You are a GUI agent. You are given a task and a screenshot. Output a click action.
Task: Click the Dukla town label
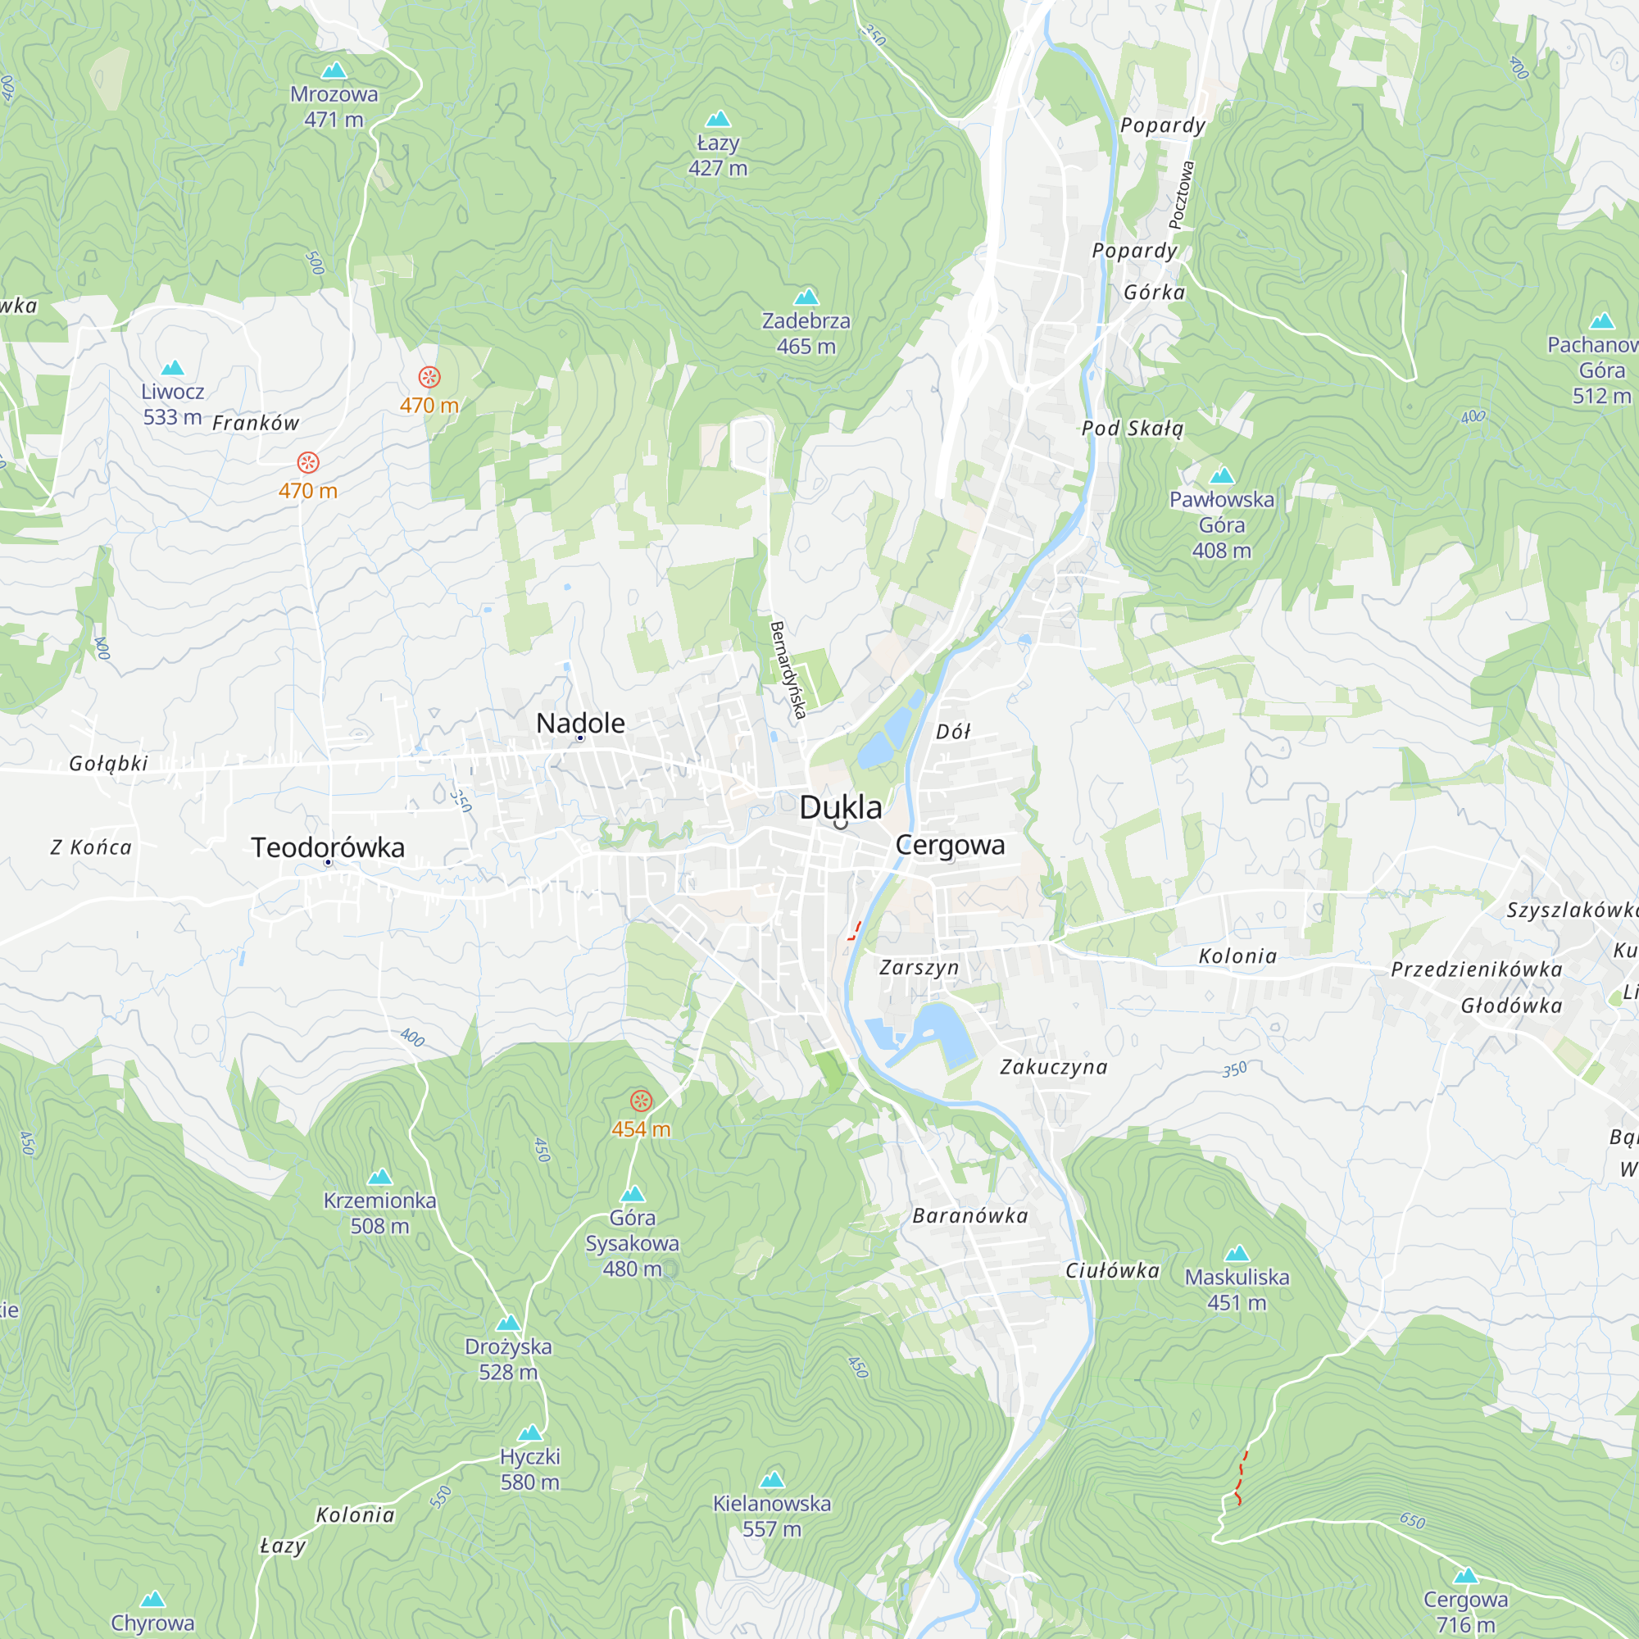coord(840,808)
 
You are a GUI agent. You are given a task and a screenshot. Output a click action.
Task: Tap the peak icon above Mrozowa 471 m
coord(334,70)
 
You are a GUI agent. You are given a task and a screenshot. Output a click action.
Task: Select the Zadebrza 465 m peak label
coord(805,334)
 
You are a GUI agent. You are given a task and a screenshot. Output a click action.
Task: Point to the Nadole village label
coord(580,723)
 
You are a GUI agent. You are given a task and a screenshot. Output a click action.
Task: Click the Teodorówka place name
coord(328,847)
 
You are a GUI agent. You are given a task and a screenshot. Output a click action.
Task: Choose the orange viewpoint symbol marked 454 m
coord(642,1101)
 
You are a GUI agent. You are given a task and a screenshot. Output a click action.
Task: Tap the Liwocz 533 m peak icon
coord(172,368)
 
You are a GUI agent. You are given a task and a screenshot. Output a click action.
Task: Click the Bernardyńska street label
coord(788,670)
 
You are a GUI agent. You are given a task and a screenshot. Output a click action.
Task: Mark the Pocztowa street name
coord(1181,195)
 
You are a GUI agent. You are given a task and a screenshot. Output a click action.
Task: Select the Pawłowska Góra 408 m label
coord(1221,524)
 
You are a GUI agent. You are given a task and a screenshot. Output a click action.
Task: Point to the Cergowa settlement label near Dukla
coord(950,845)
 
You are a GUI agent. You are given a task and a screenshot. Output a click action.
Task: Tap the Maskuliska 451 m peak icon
coord(1237,1253)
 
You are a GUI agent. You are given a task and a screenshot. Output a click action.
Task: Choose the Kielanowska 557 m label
coord(771,1516)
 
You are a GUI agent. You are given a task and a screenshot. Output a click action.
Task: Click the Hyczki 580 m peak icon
coord(530,1432)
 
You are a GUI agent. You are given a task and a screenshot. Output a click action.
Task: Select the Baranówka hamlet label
coord(969,1215)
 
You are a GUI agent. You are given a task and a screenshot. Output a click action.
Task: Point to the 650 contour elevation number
coord(1412,1521)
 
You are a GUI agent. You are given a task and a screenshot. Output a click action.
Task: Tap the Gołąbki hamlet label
coord(109,764)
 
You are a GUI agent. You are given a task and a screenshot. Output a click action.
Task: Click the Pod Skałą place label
coord(1132,429)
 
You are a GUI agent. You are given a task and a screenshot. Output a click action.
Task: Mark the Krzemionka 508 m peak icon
coord(380,1178)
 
